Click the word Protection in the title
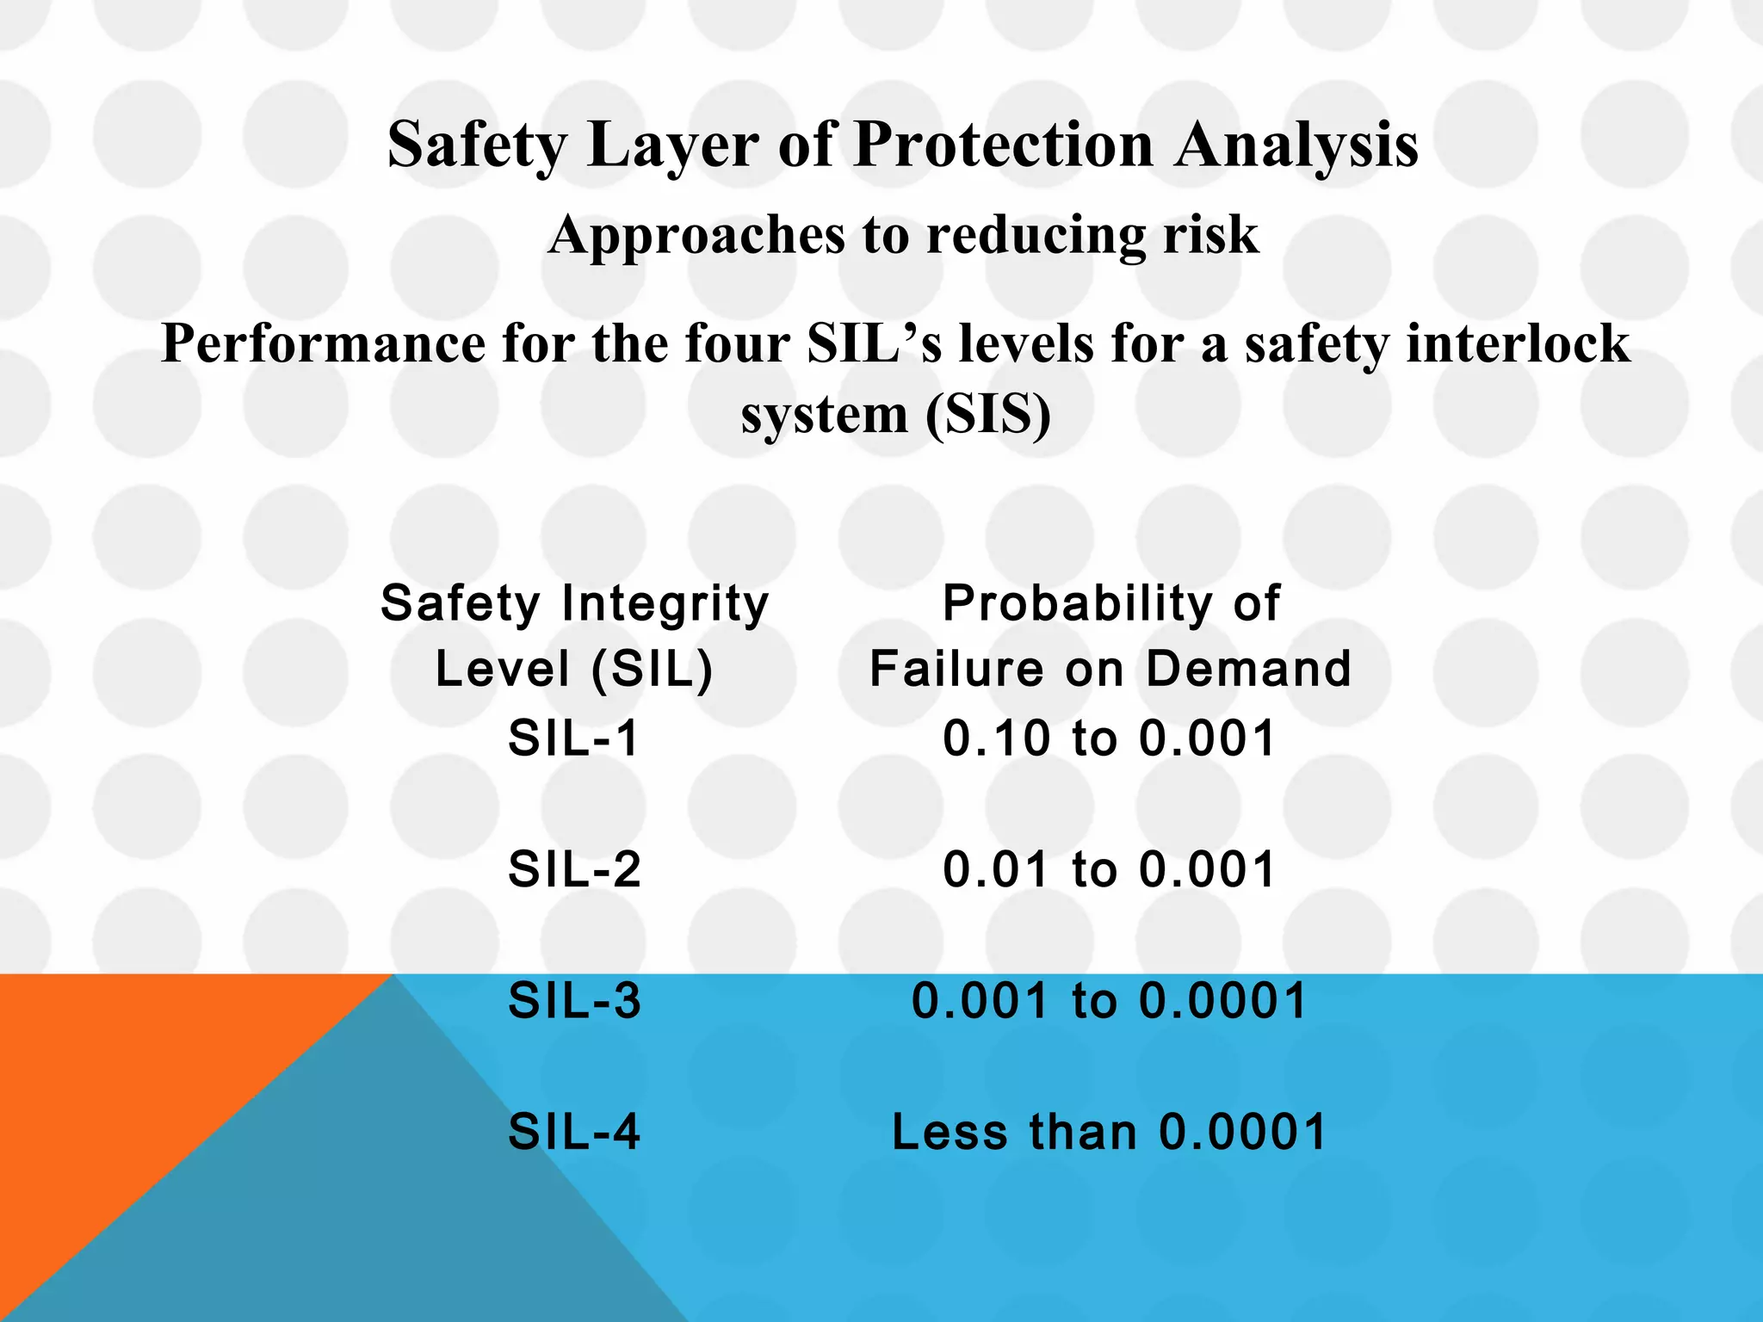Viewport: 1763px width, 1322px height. click(x=1003, y=145)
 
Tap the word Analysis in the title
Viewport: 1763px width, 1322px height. click(x=1297, y=145)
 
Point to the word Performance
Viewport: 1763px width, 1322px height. click(x=324, y=344)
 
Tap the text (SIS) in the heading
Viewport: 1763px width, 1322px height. click(x=987, y=415)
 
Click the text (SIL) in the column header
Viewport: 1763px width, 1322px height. click(x=653, y=669)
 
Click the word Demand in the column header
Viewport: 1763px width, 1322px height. click(x=1249, y=669)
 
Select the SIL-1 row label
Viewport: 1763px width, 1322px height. click(x=574, y=738)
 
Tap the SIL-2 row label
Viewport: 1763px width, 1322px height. click(x=574, y=869)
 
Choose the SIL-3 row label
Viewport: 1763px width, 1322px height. click(x=574, y=1001)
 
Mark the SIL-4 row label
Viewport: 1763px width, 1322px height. click(x=574, y=1132)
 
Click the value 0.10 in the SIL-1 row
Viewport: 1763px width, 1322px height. click(x=997, y=738)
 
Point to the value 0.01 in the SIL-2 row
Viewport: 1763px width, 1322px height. click(x=997, y=869)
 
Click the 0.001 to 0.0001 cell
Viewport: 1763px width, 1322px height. click(x=1110, y=1001)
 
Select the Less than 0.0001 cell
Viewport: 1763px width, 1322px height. click(x=1110, y=1132)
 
